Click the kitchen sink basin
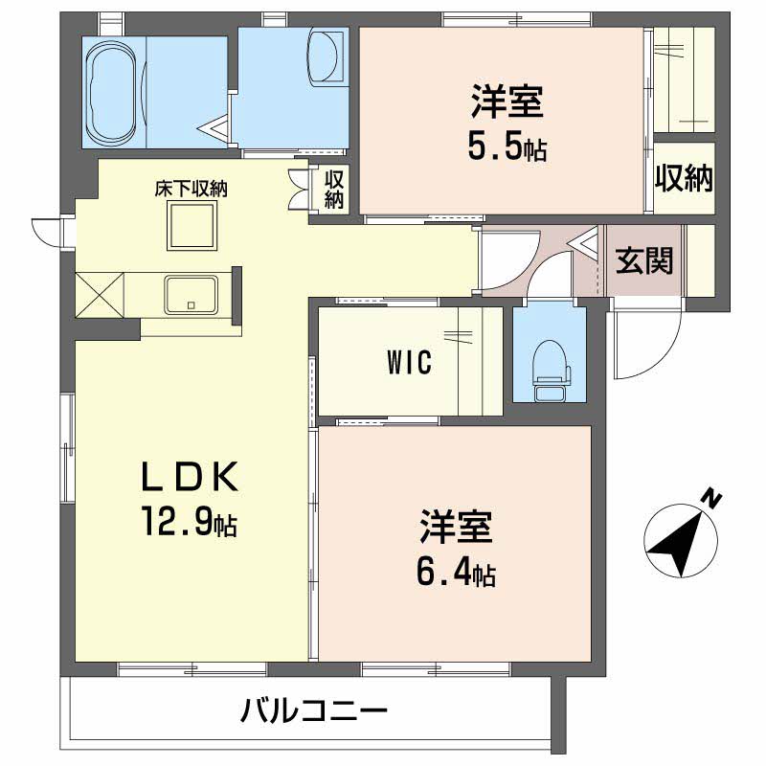pos(191,294)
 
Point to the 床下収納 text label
pos(191,189)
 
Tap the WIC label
pos(410,362)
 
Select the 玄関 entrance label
pos(643,260)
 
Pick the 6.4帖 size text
pos(455,573)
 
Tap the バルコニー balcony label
pos(314,711)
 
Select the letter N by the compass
pos(710,497)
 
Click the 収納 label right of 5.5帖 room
pos(685,177)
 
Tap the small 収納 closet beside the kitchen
pos(333,189)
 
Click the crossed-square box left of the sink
pos(101,295)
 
